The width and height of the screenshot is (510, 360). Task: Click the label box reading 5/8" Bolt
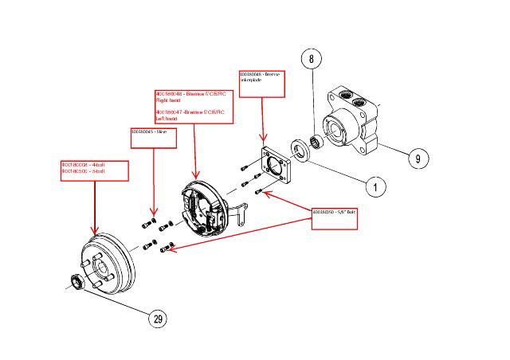[338, 218]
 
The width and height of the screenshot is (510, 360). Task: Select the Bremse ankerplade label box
[263, 84]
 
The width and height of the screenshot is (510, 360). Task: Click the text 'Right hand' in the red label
[169, 102]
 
